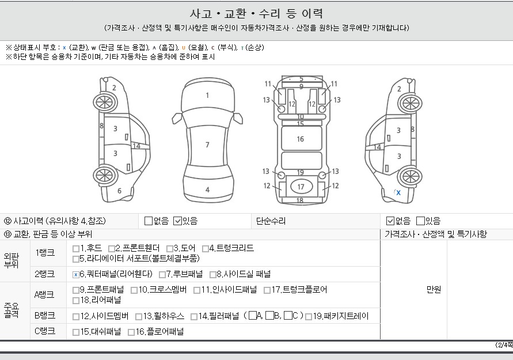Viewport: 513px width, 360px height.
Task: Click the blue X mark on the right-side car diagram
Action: coord(398,193)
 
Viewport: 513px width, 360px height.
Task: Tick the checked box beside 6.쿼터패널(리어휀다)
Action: coord(75,275)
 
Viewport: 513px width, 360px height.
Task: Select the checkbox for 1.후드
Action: coord(75,249)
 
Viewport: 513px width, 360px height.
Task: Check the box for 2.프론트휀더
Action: coord(111,249)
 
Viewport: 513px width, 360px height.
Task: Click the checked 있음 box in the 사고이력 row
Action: coord(177,221)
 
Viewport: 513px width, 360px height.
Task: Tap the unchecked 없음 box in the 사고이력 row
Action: coord(149,221)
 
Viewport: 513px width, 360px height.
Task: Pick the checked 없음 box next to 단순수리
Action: coord(390,221)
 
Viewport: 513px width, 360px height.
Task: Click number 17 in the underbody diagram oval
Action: coord(301,187)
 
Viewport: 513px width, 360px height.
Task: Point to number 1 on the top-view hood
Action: coord(207,95)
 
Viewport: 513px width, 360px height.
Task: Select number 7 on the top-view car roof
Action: coord(207,145)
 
